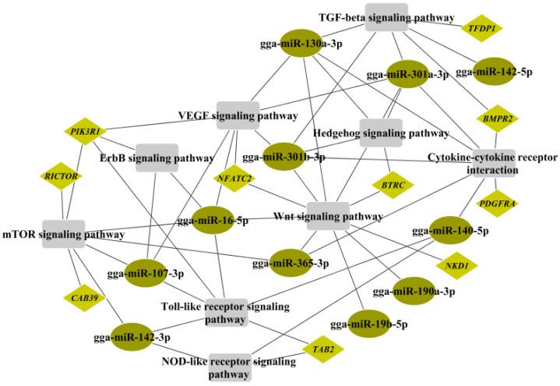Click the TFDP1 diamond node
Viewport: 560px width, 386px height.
click(483, 29)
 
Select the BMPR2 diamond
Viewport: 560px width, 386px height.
click(497, 119)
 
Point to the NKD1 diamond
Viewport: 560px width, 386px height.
click(452, 266)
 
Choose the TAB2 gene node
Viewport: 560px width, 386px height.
click(322, 349)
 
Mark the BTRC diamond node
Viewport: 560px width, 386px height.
click(390, 186)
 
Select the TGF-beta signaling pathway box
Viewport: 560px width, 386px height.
click(387, 16)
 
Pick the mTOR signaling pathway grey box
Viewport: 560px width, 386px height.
click(63, 234)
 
